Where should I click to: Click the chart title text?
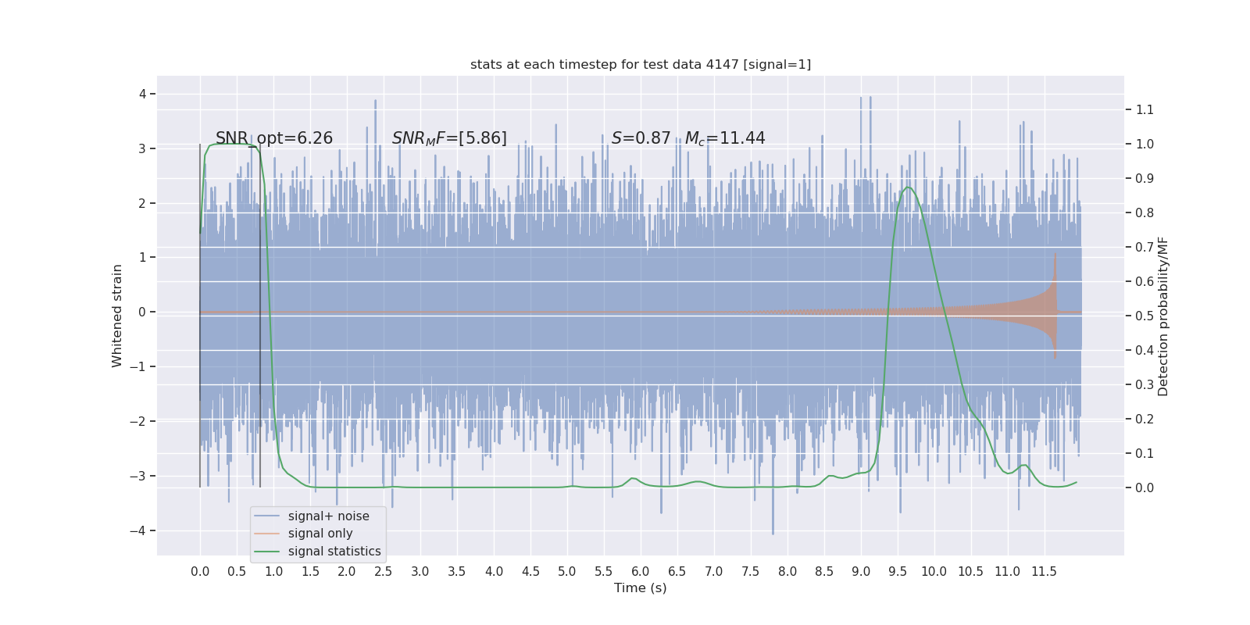click(641, 64)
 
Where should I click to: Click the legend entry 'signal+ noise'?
click(328, 516)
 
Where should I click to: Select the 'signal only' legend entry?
click(320, 534)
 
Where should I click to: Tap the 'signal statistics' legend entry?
click(334, 552)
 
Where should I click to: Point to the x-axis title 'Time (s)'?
click(641, 587)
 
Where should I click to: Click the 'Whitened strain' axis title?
click(117, 316)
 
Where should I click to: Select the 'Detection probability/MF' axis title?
click(1163, 316)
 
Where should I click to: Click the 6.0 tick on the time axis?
click(641, 571)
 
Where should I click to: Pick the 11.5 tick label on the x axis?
click(1044, 571)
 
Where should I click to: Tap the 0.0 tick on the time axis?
click(200, 571)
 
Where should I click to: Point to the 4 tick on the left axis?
click(143, 94)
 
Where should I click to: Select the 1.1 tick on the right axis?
click(1145, 109)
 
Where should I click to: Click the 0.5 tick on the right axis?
click(1145, 316)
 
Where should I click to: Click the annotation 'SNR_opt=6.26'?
click(274, 138)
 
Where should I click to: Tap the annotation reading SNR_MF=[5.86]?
click(449, 138)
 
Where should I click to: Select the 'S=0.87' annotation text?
click(641, 138)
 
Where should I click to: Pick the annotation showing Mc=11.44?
click(725, 138)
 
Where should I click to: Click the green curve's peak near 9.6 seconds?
click(907, 187)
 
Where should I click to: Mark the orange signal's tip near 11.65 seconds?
click(1055, 253)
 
